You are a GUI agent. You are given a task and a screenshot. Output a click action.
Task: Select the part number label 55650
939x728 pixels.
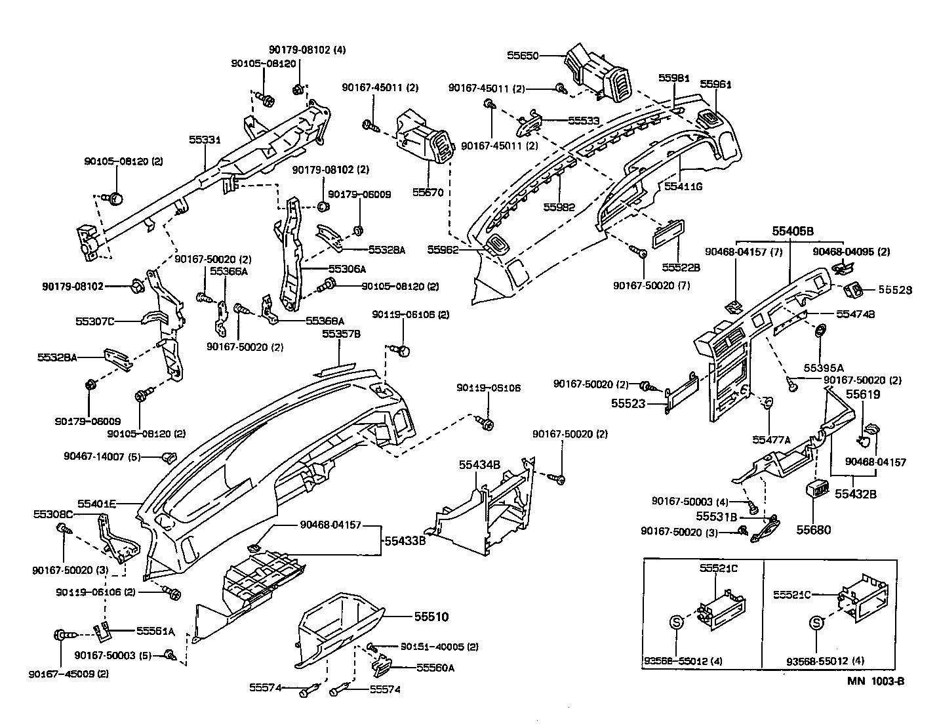point(523,56)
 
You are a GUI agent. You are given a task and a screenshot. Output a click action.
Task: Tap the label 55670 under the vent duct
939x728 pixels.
point(428,193)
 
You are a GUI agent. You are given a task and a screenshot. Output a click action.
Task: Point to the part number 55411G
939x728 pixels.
point(683,186)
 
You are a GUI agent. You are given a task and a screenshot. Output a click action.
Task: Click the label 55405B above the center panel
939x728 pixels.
point(792,231)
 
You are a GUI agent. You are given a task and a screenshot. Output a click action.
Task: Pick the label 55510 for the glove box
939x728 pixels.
point(431,617)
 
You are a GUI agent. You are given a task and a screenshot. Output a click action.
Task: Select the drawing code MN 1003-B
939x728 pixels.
point(875,681)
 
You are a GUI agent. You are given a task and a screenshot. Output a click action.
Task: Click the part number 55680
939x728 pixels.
point(814,529)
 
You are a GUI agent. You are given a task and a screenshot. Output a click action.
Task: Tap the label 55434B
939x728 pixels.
point(479,464)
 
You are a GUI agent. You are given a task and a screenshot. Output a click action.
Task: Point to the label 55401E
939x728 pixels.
point(97,504)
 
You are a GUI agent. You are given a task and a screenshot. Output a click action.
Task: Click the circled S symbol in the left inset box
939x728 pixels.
point(677,621)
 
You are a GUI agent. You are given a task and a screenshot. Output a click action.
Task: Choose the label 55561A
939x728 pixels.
point(155,631)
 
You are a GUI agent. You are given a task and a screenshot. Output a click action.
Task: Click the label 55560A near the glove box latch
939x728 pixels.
point(435,668)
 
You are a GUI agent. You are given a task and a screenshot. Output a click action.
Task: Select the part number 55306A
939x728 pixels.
point(347,269)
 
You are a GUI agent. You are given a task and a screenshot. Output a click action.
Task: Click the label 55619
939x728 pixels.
point(863,394)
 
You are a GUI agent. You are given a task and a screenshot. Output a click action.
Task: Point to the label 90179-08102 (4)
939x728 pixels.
point(308,50)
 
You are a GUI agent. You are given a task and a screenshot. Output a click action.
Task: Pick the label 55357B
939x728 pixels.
point(341,334)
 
